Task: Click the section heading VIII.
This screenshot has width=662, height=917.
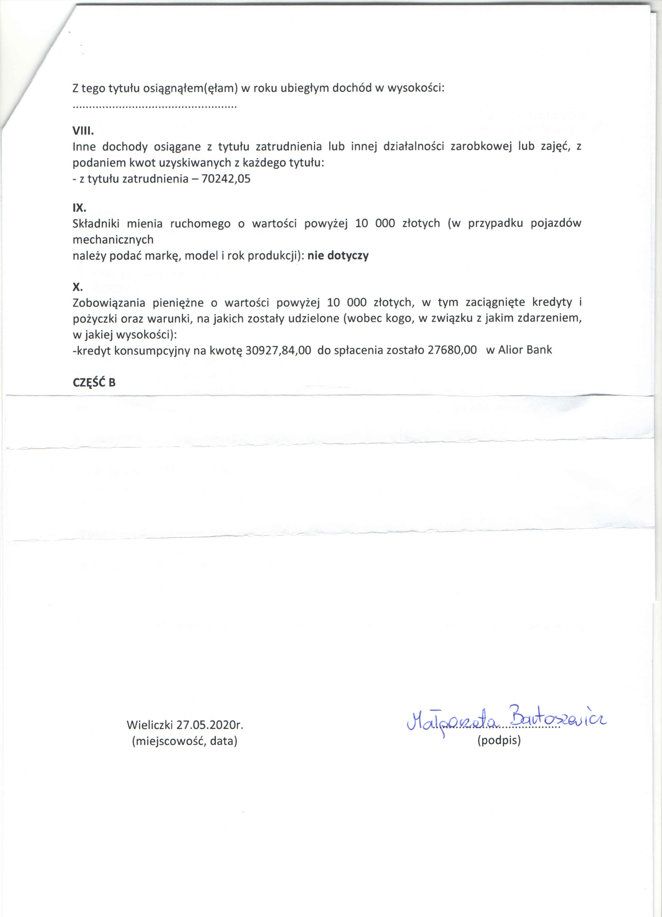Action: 83,131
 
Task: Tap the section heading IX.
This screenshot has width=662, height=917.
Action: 79,208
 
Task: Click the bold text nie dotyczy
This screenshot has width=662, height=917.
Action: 338,255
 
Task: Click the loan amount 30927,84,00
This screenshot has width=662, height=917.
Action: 278,350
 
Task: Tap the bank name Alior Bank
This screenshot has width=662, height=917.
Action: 525,350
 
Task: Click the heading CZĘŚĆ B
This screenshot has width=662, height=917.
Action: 94,383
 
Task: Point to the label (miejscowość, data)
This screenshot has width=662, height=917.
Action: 185,741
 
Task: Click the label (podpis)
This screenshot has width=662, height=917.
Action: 499,740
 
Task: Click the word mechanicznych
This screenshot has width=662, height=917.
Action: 113,240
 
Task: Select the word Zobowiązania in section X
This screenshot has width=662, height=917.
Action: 108,303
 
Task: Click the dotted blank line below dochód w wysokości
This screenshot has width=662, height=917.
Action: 154,107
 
